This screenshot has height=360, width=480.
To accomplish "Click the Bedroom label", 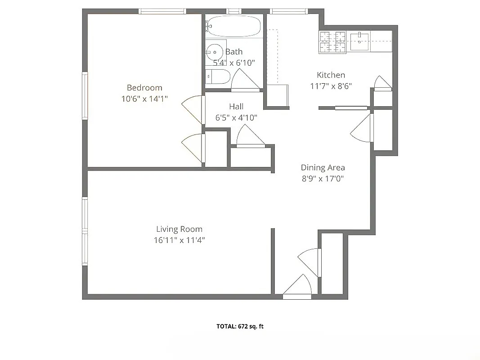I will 144,88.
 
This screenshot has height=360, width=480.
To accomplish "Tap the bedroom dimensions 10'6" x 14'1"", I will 144,99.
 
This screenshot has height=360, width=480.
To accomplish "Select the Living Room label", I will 179,229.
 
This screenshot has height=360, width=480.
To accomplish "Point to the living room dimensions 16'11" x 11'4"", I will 179,240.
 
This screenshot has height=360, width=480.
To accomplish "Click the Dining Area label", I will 323,168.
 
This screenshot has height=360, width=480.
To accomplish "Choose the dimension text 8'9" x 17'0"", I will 323,179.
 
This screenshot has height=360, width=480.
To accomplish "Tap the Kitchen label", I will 331,75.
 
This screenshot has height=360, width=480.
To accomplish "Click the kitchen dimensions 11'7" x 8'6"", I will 331,86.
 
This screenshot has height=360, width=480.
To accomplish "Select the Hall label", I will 236,107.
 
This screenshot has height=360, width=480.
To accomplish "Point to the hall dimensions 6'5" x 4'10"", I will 236,118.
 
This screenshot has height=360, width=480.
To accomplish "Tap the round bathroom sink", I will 215,52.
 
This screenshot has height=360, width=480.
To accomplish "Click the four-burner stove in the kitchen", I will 332,42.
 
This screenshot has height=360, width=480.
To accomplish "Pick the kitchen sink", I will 359,41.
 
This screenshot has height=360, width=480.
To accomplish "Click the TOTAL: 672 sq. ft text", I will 240,327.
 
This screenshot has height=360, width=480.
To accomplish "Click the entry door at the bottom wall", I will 297,288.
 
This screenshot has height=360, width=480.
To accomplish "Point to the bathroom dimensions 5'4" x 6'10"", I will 233,63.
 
